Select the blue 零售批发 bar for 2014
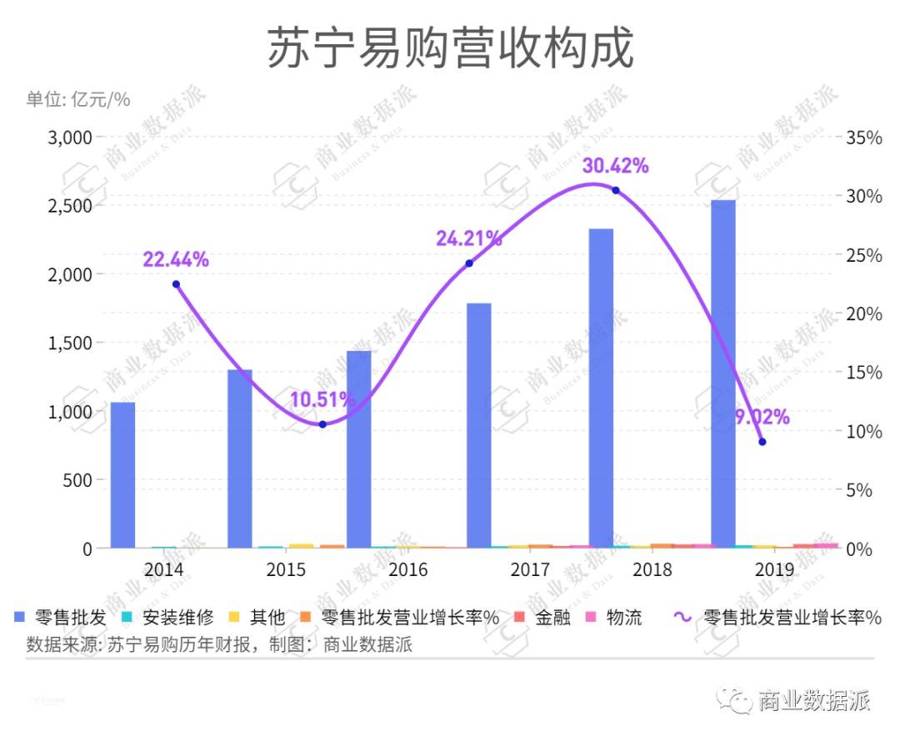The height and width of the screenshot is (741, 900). click(x=122, y=475)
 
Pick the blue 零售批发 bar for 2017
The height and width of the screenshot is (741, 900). click(x=478, y=425)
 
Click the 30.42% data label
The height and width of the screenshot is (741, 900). click(x=616, y=166)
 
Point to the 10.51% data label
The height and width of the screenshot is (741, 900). click(x=322, y=400)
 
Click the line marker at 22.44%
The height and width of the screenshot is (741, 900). click(x=176, y=284)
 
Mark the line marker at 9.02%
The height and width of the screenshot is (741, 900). click(x=762, y=442)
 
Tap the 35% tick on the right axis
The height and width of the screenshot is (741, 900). click(x=863, y=138)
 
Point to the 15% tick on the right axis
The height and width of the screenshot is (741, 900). click(x=863, y=373)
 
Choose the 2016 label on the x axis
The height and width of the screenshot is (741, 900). click(x=408, y=570)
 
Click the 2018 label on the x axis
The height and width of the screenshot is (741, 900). click(x=652, y=570)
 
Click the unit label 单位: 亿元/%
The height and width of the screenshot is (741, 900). click(x=78, y=99)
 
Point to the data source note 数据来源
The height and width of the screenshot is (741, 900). click(x=219, y=644)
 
